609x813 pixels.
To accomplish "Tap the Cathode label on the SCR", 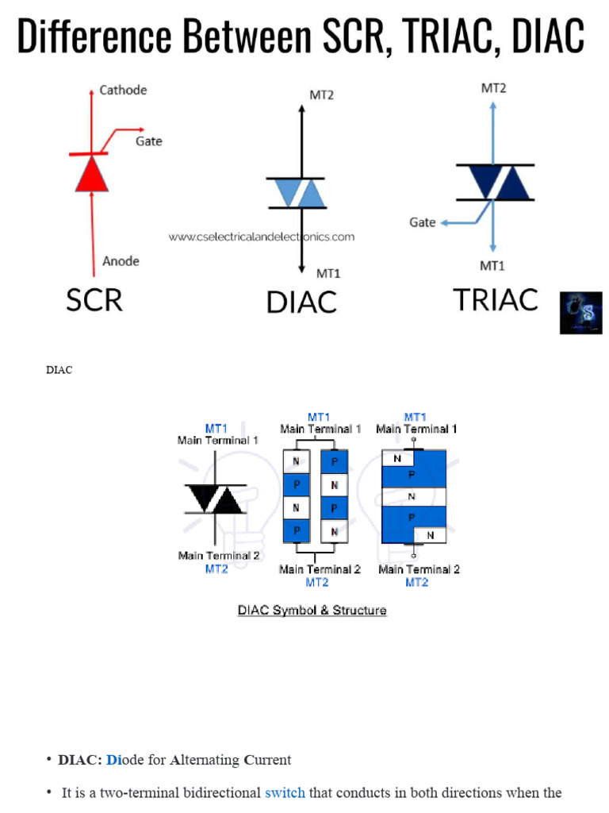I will pos(123,91).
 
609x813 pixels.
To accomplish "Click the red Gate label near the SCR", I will pos(148,141).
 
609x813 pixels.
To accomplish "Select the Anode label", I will pos(121,261).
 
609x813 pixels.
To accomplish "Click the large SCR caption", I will pos(94,300).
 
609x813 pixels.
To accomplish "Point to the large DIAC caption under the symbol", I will pos(301,302).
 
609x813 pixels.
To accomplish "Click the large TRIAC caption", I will pos(495,299).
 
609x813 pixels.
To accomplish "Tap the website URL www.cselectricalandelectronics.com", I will pos(261,237).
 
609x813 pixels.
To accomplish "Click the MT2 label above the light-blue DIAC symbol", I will pos(321,95).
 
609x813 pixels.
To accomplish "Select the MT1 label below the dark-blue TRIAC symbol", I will pos(492,265).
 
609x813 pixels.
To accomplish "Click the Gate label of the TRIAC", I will pos(422,222).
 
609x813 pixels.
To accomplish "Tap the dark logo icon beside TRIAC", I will pos(580,313).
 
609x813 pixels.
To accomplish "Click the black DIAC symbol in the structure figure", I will pos(215,499).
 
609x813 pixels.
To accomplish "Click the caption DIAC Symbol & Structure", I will pos(312,611).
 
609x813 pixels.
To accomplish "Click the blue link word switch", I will pos(285,792).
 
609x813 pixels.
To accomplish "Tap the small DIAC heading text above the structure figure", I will pos(59,370).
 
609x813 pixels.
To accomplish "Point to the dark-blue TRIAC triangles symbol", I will pos(495,182).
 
